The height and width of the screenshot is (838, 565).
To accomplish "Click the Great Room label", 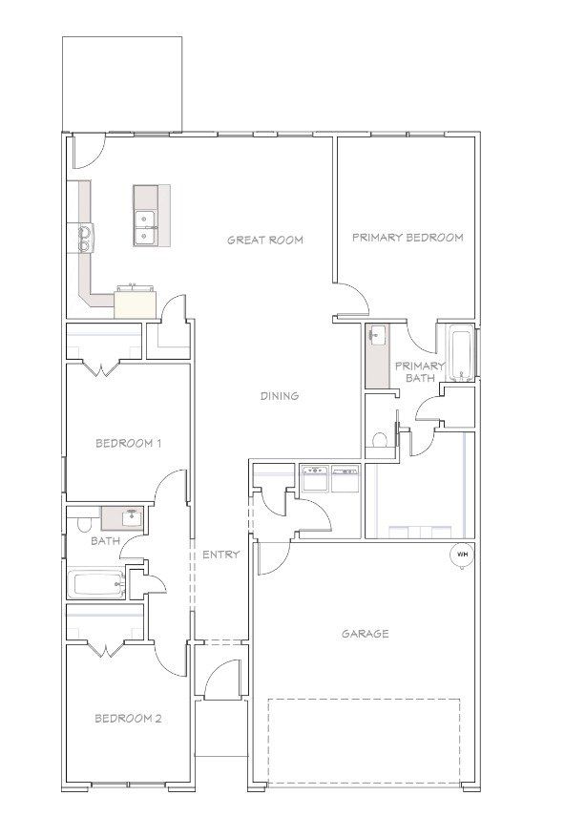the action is coord(265,240).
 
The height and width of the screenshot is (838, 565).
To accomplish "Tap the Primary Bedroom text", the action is coord(408,238).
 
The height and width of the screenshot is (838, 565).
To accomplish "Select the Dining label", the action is coord(279,396).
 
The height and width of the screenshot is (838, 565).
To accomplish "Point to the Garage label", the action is coord(366,634).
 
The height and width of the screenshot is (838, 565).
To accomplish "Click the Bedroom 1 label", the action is coord(128,443).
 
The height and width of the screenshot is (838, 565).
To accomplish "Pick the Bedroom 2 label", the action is coord(128,719).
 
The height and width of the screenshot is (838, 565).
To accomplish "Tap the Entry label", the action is coord(220,555).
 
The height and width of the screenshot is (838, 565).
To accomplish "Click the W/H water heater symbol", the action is coord(462,555).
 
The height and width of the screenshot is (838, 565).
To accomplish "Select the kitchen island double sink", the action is coord(145,228).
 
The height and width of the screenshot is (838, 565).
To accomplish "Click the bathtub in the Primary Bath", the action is coord(459,354).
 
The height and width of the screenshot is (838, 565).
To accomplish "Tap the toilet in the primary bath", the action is coord(379,440).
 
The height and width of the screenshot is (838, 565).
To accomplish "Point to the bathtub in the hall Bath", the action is coord(97,584).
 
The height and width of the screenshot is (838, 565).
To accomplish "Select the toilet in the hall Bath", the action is coord(84,524).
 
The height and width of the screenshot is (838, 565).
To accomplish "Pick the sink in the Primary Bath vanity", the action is coord(377,336).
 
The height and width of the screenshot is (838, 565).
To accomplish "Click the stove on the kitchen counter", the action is coord(86,238).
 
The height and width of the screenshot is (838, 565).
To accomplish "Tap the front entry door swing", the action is coord(221,679).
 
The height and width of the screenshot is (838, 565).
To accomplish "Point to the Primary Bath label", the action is coord(420,372).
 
